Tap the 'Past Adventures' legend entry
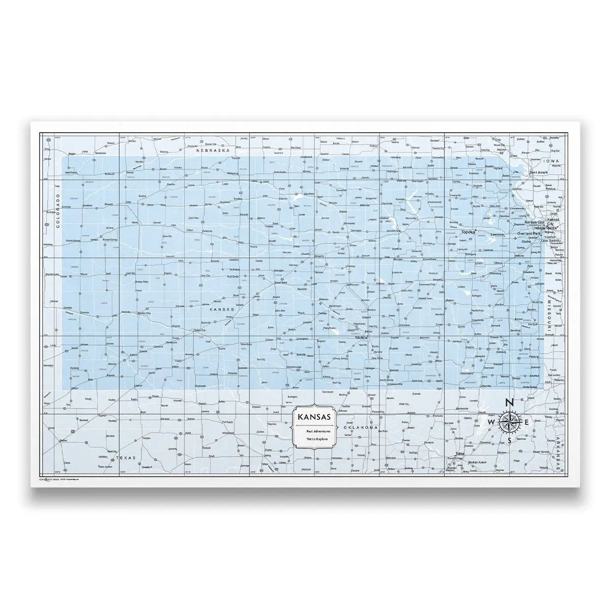(x=315, y=431)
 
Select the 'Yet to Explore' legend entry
(x=315, y=438)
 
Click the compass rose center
(x=509, y=422)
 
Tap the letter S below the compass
(x=509, y=441)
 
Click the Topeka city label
(x=468, y=232)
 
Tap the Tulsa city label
(x=460, y=453)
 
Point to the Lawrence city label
(x=497, y=234)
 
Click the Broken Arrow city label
(x=479, y=462)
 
